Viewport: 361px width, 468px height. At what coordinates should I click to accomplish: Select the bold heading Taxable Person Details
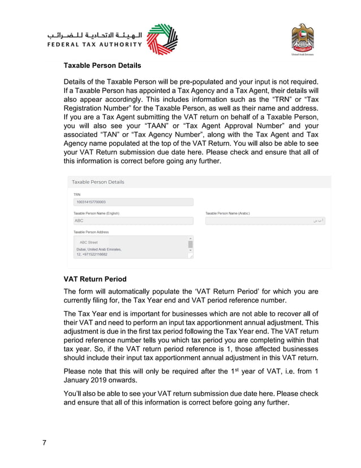click(x=102, y=66)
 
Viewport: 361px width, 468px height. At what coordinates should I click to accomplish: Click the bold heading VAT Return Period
click(x=95, y=279)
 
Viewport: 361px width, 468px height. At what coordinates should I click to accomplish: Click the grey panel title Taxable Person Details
click(x=98, y=182)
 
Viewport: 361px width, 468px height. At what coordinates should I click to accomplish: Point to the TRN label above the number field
click(x=77, y=194)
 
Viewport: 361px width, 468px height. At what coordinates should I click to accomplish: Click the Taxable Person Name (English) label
click(x=97, y=213)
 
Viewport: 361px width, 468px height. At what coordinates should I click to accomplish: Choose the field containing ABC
click(x=134, y=221)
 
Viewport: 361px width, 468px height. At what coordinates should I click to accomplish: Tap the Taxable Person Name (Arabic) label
click(x=227, y=213)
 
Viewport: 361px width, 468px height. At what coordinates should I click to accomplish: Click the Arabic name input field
click(x=265, y=221)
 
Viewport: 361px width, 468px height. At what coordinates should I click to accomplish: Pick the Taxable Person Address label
click(x=91, y=232)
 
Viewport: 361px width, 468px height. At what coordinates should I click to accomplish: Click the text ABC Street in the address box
click(x=88, y=242)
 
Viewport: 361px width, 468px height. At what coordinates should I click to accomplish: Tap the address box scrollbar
click(x=191, y=245)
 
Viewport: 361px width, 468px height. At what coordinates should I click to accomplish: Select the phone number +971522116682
click(x=94, y=254)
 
